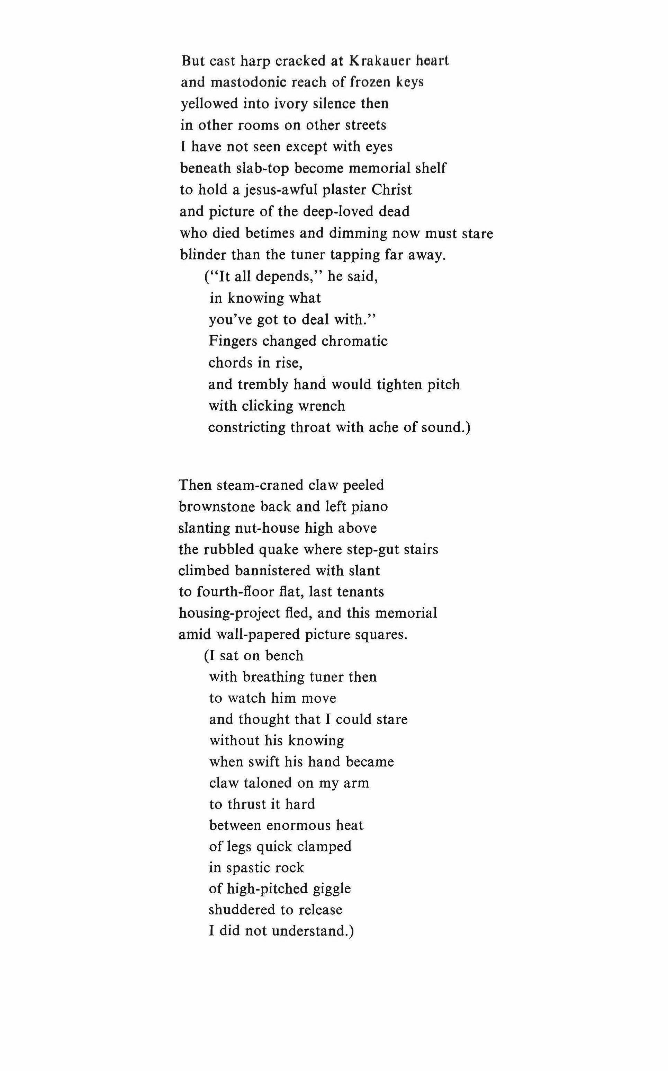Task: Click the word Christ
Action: [x=391, y=190]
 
